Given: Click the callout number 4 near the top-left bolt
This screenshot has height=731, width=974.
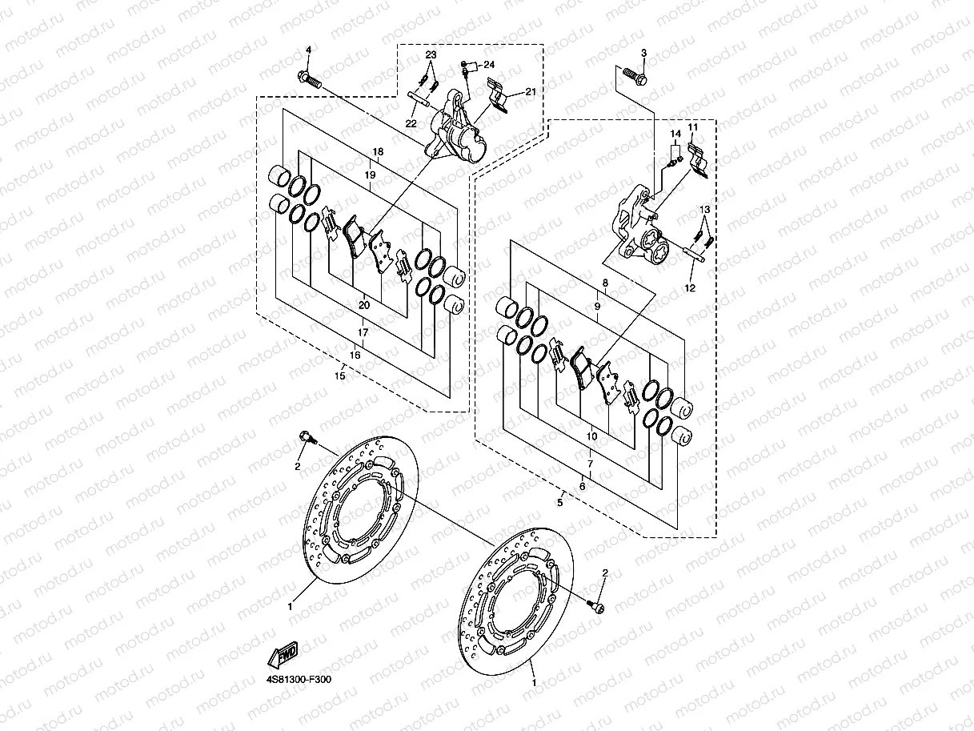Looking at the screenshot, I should coord(307,52).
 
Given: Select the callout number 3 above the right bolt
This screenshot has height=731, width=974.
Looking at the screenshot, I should coord(642,53).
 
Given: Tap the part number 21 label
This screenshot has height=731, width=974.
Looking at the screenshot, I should coord(530,93).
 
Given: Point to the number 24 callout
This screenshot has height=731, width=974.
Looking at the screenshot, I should coord(489,64).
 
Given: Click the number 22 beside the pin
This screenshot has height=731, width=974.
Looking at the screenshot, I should coord(411,123).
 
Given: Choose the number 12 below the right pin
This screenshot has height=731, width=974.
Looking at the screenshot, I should coord(690,287).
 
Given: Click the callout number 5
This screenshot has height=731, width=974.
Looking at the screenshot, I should coord(560,502).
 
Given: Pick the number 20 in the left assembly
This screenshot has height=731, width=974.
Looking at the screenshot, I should coord(364,304).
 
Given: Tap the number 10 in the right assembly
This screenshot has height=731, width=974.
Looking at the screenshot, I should coord(591,436).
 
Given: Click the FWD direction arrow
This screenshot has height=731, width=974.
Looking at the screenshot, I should coord(284,655).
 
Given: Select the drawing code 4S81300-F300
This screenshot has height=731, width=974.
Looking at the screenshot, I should coord(299,680).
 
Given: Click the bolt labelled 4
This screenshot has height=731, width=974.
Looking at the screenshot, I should coord(309,79).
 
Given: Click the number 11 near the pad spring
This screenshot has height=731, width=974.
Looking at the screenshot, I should coord(692,127).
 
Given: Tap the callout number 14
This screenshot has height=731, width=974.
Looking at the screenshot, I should coord(675,133).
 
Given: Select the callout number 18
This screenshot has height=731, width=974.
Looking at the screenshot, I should coord(378,151).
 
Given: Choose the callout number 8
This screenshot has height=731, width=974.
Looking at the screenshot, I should coord(605,283).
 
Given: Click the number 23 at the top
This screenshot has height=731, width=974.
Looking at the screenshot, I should coord(431,54).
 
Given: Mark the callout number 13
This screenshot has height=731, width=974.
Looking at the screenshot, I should coord(704,210).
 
